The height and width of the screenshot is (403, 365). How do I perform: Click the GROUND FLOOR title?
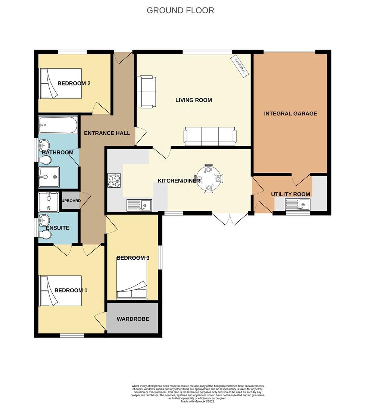[180, 10]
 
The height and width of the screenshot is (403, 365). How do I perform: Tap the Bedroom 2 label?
[74, 83]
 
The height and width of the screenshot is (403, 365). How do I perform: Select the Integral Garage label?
[290, 113]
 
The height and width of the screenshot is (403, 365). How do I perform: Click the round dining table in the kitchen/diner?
[209, 178]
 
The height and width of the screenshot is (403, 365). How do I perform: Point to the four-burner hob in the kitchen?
[114, 181]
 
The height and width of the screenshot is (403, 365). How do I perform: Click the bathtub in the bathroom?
[58, 125]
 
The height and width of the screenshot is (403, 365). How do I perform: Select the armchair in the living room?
[146, 91]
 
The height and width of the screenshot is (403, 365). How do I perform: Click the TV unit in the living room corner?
[240, 66]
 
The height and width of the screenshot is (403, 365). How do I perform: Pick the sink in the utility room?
[297, 205]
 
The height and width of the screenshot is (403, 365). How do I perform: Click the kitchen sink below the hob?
[139, 205]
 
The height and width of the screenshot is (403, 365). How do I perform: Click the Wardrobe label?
[133, 319]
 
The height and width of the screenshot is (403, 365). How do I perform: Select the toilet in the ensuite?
[45, 234]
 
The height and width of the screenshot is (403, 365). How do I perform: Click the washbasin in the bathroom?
[44, 144]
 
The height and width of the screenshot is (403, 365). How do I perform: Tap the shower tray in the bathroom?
[49, 177]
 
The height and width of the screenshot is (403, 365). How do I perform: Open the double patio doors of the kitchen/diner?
[230, 219]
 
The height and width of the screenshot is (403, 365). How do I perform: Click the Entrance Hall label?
[107, 133]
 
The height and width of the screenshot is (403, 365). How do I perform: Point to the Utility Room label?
[290, 194]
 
